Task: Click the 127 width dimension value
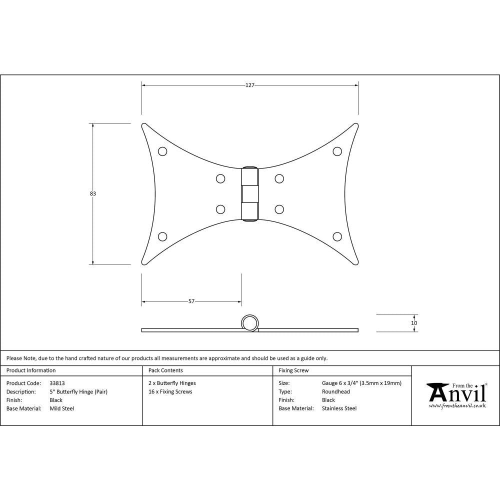click(250, 85)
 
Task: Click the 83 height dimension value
click(93, 193)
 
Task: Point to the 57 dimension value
click(191, 301)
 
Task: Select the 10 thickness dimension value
click(414, 323)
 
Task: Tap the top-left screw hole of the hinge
click(162, 151)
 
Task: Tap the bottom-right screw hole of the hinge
click(337, 236)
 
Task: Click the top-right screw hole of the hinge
click(337, 151)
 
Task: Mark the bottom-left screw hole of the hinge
click(162, 236)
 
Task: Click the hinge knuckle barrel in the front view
click(250, 193)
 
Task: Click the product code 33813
click(57, 383)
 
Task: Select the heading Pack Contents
click(165, 370)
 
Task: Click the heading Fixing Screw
click(293, 370)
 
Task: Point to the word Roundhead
click(336, 391)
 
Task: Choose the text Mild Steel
click(62, 408)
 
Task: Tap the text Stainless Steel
click(339, 408)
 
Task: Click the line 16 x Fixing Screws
click(170, 391)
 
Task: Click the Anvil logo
click(456, 395)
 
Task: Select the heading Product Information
click(31, 370)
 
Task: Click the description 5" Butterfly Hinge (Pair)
click(78, 391)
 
